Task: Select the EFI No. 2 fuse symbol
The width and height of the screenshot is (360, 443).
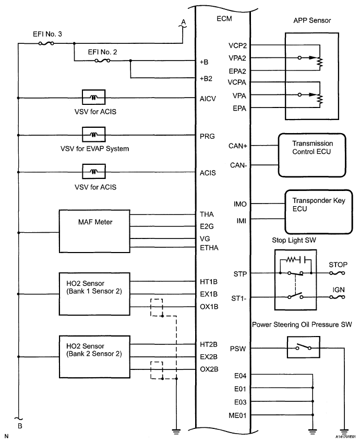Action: (102, 61)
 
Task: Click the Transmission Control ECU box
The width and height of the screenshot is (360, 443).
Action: (313, 155)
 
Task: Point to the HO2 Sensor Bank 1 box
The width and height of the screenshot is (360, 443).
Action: (94, 294)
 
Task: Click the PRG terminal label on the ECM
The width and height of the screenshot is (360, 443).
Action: (206, 135)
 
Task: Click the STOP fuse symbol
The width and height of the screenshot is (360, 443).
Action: (338, 273)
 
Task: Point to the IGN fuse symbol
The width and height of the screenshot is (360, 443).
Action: (338, 297)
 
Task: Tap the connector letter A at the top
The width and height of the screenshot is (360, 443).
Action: (183, 21)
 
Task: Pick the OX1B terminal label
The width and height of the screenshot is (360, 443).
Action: (208, 306)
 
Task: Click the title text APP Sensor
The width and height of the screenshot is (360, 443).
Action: (312, 20)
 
